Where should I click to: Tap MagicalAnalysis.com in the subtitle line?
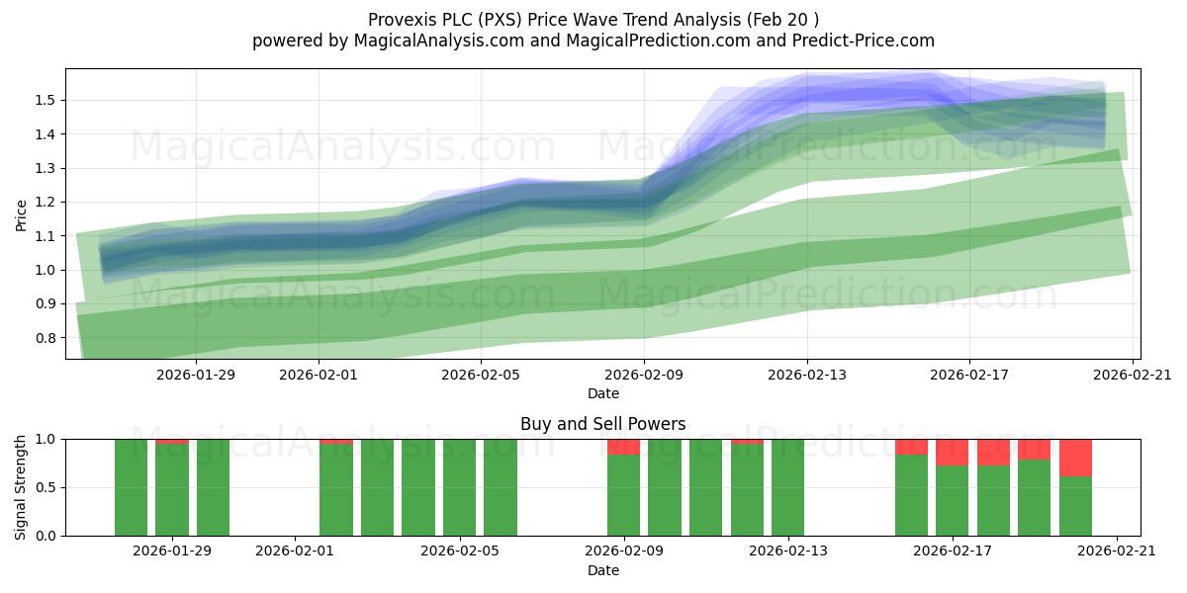click(439, 41)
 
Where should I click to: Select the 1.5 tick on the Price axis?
click(46, 100)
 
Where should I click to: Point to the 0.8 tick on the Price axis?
click(46, 338)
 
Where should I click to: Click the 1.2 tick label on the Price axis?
click(46, 202)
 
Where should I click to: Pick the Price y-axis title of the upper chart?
click(21, 215)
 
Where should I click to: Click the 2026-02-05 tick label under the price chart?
click(481, 375)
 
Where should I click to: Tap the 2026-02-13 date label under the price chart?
click(807, 375)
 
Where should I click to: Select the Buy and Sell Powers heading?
click(603, 424)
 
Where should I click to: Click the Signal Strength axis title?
click(20, 487)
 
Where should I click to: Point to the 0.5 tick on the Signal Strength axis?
click(46, 487)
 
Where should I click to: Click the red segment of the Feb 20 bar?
click(1076, 458)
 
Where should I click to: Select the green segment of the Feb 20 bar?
click(1076, 506)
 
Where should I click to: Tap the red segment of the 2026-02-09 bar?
click(624, 447)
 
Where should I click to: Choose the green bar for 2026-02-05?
click(459, 487)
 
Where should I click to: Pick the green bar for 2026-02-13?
click(788, 487)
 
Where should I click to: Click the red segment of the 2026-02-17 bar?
click(953, 453)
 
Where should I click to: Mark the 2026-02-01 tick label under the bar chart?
click(295, 551)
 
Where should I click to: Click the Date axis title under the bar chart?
click(603, 570)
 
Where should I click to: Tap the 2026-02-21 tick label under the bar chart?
click(1117, 551)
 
